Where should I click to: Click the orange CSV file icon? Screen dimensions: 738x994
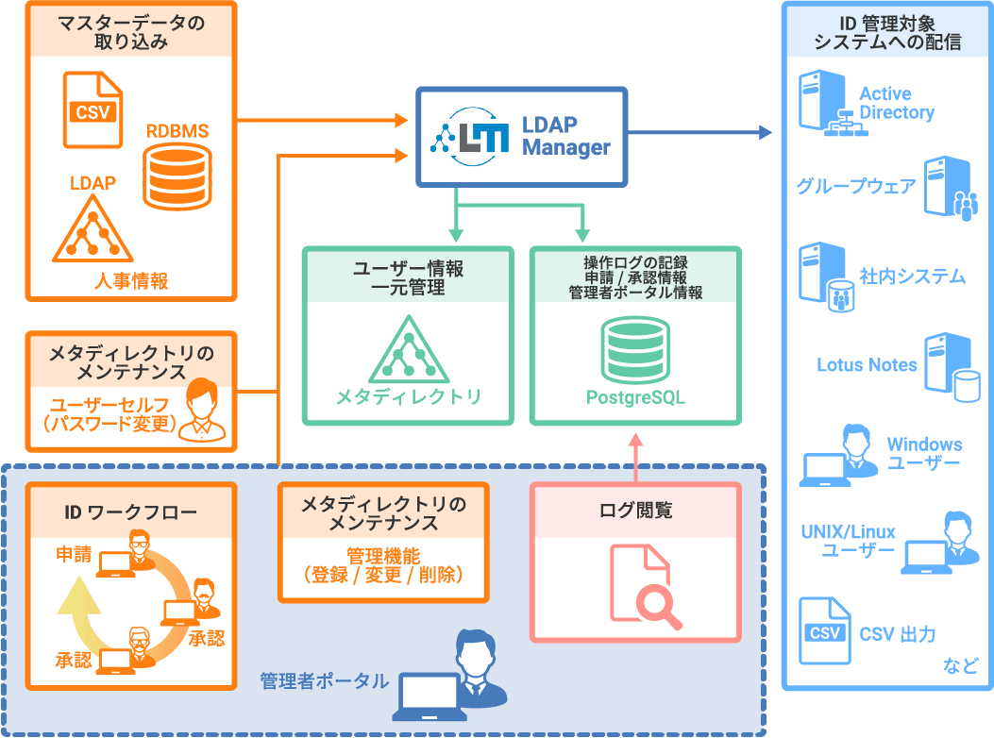(x=93, y=109)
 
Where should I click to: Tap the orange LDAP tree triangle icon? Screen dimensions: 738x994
(x=93, y=229)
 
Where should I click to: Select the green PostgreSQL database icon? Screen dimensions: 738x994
(x=635, y=349)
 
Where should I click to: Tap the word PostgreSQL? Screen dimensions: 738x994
(x=635, y=397)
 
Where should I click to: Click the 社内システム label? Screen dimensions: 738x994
(x=912, y=277)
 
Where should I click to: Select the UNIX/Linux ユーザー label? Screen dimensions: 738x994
(x=848, y=541)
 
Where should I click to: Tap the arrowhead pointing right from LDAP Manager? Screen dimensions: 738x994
(x=765, y=132)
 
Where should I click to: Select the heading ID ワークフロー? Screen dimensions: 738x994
(x=130, y=512)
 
